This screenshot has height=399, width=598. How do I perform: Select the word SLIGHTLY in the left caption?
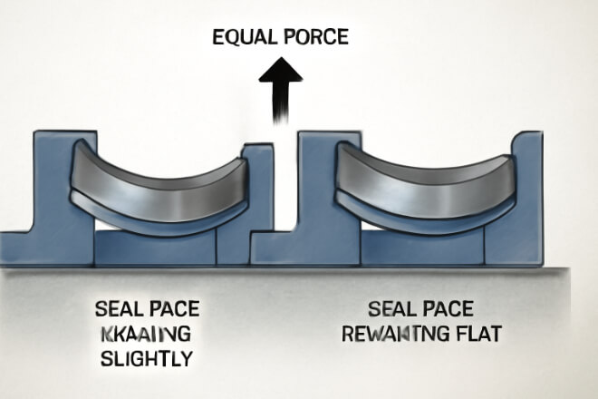click(x=145, y=358)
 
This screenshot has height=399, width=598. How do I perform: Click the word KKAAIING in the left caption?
click(x=144, y=333)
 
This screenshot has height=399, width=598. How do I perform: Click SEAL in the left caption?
click(x=119, y=307)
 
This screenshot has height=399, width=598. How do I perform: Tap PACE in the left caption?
click(x=173, y=307)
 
